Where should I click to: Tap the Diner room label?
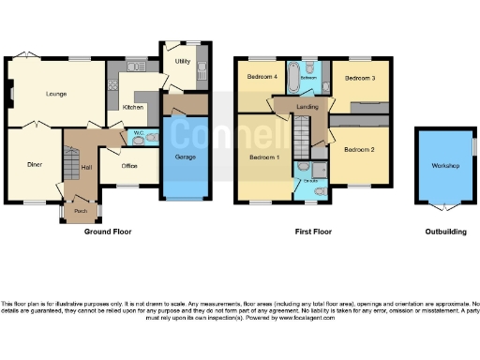pos(35,164)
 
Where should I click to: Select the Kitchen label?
pos(133,107)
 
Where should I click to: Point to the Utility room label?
pos(183,62)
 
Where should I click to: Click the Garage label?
pos(185,157)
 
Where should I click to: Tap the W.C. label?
pos(138,132)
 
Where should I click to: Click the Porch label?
pos(81,211)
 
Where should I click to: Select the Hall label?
pos(87,167)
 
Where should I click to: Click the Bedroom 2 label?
pos(357,150)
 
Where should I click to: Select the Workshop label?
pos(444,166)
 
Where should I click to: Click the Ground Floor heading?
pos(111,231)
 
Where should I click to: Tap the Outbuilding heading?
pos(444,231)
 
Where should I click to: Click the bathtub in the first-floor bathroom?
pos(291,79)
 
